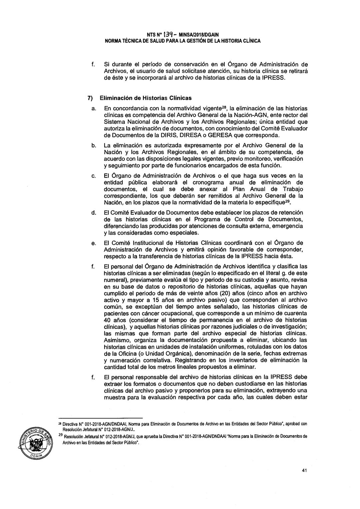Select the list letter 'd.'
pos(94,213)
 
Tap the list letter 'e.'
pos(94,246)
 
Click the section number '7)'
pos(90,98)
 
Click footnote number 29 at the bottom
pos(60,436)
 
